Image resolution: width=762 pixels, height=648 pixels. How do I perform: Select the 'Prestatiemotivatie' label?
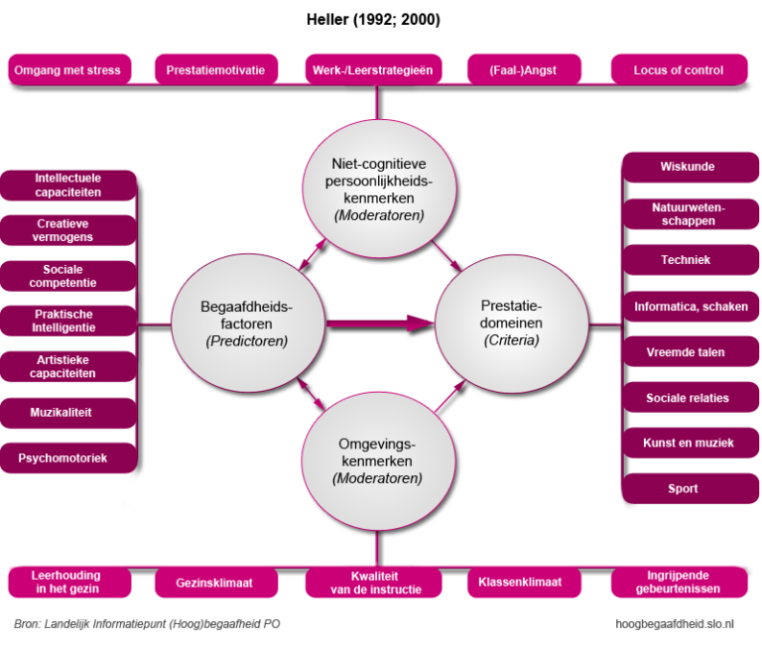pos(215,70)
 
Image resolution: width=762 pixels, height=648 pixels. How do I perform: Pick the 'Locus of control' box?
pos(679,70)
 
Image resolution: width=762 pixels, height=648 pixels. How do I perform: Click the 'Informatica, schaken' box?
pos(691,307)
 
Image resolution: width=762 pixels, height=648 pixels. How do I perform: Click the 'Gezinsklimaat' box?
pos(215,583)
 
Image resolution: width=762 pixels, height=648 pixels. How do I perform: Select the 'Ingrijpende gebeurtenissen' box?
pos(679,583)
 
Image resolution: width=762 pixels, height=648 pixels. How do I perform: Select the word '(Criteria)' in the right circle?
pos(512,340)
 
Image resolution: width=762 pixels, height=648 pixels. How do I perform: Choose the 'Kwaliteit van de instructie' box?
pos(376,583)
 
